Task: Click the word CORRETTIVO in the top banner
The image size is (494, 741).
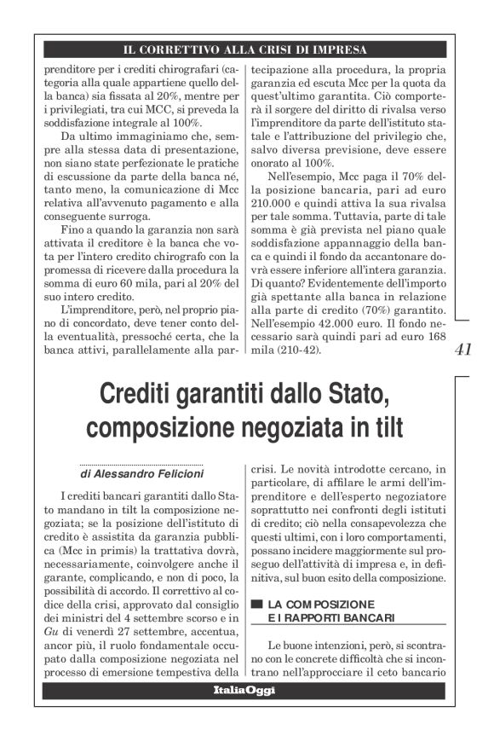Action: pyautogui.click(x=191, y=49)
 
